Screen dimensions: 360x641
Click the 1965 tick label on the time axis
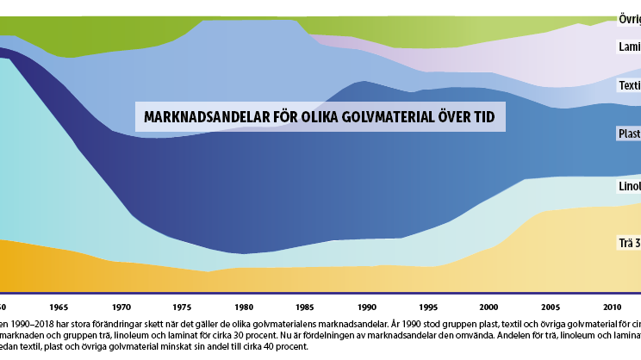tap(60, 307)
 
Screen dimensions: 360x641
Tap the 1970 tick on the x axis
tap(121, 307)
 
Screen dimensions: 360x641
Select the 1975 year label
tap(184, 307)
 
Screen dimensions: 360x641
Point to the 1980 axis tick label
tap(245, 307)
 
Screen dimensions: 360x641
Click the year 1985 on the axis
tap(306, 307)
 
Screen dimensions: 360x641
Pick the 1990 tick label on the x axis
tap(368, 307)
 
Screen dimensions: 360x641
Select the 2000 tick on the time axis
tap(490, 307)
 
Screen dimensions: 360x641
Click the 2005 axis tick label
tap(551, 307)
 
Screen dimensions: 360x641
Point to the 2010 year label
tap(613, 307)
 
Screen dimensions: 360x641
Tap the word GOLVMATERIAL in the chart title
tap(380, 117)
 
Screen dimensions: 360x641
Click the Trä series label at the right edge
tap(628, 244)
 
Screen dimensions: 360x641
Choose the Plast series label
tap(629, 133)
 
